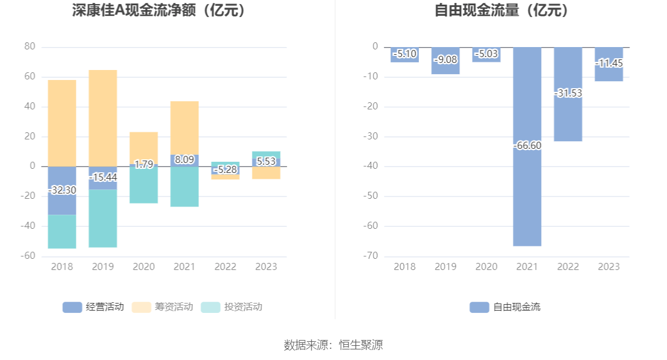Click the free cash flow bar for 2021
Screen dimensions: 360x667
tap(527, 194)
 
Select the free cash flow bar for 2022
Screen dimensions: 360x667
tap(568, 118)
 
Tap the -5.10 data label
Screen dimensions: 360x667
tap(404, 54)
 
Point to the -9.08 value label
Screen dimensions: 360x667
tap(445, 59)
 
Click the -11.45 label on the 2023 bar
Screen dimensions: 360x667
tap(609, 63)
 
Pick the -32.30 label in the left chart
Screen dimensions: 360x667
tap(62, 190)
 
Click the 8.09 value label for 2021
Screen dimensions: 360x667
tap(185, 159)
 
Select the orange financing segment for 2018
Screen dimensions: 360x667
tap(62, 123)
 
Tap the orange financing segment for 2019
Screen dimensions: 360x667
tap(103, 118)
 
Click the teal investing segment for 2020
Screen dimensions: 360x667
tap(144, 185)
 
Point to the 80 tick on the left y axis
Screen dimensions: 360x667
tap(30, 46)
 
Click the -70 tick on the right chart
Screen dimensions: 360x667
tap(371, 256)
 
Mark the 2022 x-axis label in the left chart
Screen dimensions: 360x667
tap(225, 266)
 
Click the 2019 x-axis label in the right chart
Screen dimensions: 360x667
tap(445, 266)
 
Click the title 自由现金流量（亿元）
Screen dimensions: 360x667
tap(502, 11)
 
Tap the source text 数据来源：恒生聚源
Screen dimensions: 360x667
tap(333, 345)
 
